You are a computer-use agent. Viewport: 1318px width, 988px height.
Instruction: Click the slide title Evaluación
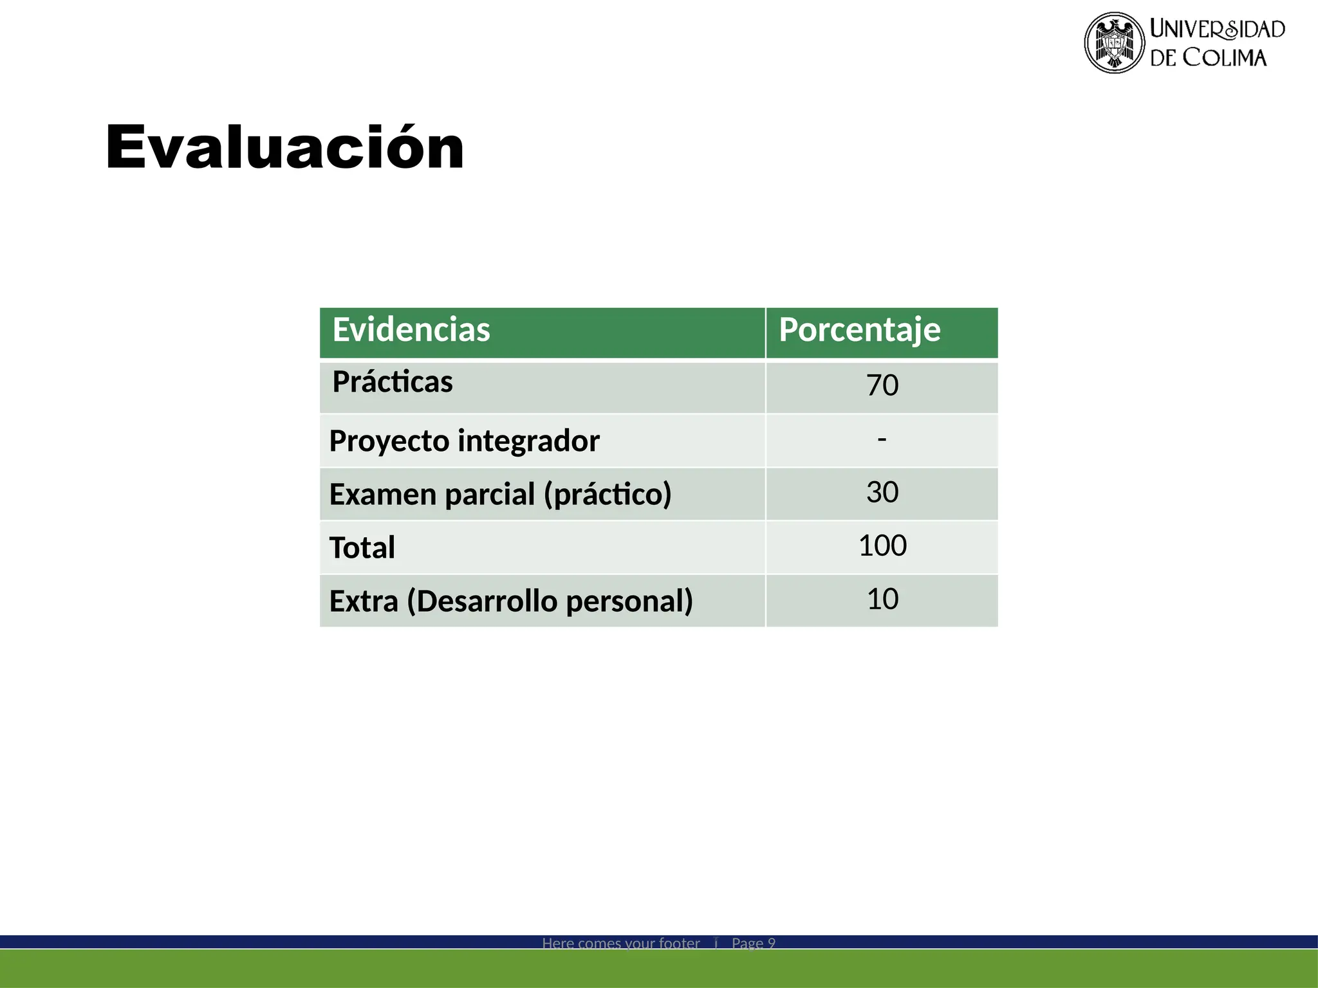(284, 147)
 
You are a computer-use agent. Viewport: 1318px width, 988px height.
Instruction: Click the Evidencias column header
(411, 330)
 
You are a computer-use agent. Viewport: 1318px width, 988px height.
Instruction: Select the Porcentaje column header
(859, 330)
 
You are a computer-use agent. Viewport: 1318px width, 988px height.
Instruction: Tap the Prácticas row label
(393, 382)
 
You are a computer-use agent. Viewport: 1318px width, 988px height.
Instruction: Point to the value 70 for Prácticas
(882, 385)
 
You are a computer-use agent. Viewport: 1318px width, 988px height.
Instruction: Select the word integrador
(528, 441)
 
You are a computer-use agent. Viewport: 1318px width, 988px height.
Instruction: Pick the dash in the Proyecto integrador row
(882, 439)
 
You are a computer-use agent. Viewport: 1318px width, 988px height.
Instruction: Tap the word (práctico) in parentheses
(608, 495)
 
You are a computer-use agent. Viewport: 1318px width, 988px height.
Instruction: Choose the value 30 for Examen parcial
(882, 493)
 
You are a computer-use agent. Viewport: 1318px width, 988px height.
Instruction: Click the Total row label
(362, 548)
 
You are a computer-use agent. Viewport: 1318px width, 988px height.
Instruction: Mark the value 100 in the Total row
(882, 546)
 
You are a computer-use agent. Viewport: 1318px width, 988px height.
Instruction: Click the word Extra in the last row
(364, 601)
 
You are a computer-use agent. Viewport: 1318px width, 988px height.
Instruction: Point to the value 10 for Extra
(882, 599)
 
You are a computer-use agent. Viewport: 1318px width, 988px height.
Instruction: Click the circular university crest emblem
(1114, 43)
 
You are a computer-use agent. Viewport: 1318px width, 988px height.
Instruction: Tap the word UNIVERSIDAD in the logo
(1217, 29)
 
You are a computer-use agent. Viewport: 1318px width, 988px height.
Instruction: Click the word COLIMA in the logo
(1225, 58)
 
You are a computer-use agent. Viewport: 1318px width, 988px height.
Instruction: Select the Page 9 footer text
(753, 943)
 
